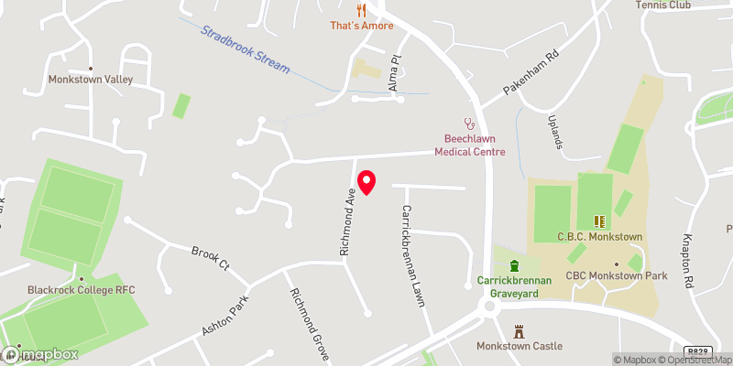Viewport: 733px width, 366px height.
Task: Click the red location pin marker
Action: pyautogui.click(x=366, y=182)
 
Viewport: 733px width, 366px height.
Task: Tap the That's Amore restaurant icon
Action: pyautogui.click(x=362, y=11)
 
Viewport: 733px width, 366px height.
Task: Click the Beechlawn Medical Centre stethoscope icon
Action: pyautogui.click(x=470, y=123)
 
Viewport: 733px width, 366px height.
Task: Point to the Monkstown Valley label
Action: pyautogui.click(x=91, y=80)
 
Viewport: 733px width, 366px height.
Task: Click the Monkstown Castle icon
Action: pyautogui.click(x=520, y=330)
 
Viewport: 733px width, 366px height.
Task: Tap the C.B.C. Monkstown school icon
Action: pyautogui.click(x=601, y=221)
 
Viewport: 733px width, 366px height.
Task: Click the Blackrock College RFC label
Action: pyautogui.click(x=81, y=290)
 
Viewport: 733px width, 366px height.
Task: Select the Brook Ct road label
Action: pyautogui.click(x=209, y=257)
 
